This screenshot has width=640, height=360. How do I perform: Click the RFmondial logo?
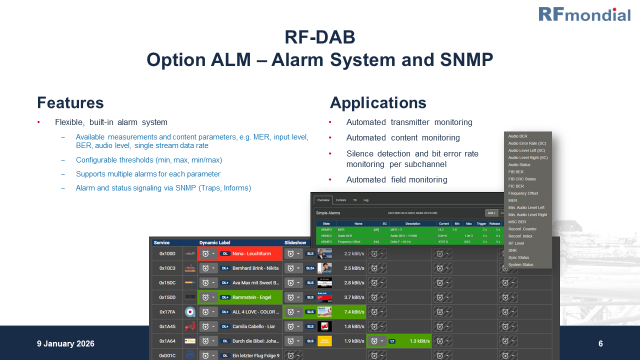click(x=584, y=14)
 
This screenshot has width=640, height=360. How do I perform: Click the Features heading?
click(x=70, y=103)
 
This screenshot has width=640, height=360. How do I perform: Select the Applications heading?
click(x=378, y=103)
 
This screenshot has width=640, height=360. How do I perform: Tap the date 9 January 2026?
click(x=65, y=344)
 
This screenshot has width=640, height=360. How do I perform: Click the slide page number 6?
click(x=600, y=344)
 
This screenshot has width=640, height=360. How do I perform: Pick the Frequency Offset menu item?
click(x=523, y=193)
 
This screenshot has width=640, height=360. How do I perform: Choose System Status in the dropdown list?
click(x=520, y=264)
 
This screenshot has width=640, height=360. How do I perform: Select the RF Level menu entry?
click(x=516, y=243)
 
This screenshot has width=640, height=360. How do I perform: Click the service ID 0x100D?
click(x=167, y=254)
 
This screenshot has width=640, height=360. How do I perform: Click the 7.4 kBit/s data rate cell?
click(x=354, y=312)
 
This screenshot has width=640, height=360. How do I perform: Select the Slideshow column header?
click(x=295, y=242)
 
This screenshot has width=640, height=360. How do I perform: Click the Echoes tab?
click(x=341, y=200)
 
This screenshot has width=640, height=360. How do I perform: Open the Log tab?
click(x=365, y=200)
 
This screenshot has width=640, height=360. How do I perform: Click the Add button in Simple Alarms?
click(x=491, y=213)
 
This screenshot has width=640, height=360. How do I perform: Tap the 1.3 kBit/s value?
click(x=419, y=341)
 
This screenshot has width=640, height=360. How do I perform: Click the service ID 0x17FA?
click(x=167, y=312)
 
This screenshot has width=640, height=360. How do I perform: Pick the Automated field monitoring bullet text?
click(x=396, y=179)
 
